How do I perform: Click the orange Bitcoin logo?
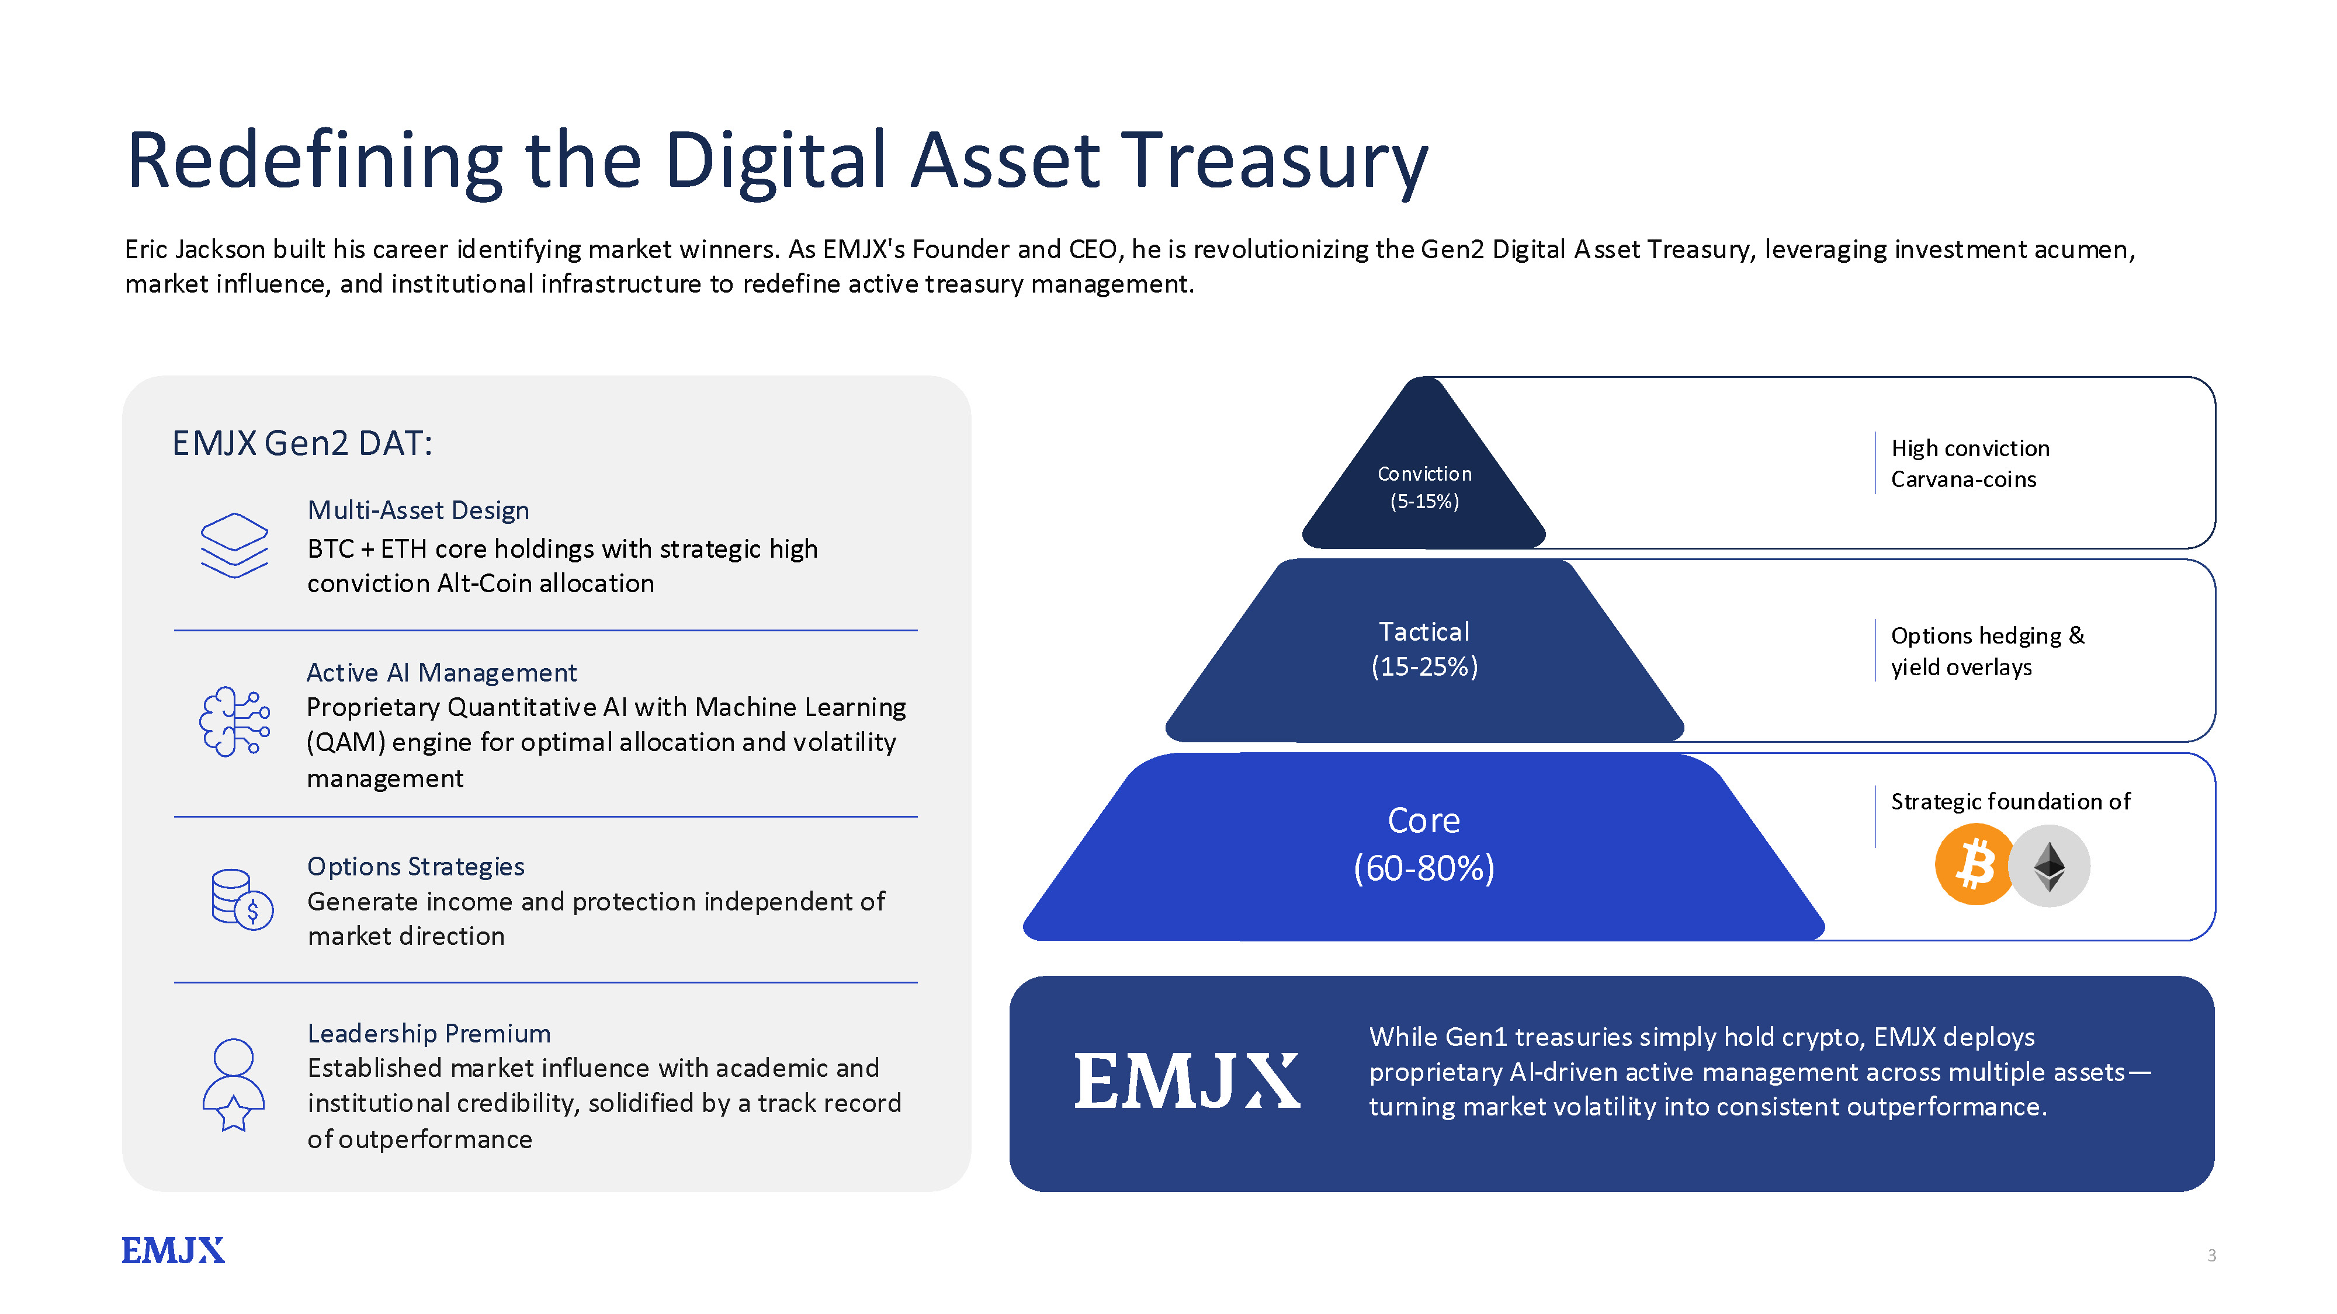[1974, 864]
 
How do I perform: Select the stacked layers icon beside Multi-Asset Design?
[234, 544]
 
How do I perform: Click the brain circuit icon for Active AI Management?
[234, 722]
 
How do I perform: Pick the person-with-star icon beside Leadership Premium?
[233, 1084]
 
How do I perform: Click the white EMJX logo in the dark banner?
[1187, 1081]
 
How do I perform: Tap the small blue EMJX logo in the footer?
[172, 1250]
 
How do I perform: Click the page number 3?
[2211, 1255]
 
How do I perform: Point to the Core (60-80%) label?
[1423, 843]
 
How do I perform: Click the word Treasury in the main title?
[1275, 161]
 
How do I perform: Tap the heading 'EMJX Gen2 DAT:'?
[302, 443]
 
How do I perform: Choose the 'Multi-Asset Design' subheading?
[418, 510]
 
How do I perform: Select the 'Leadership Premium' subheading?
[429, 1033]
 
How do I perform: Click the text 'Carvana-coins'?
[1963, 479]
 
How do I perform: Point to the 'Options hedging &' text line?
[1988, 636]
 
